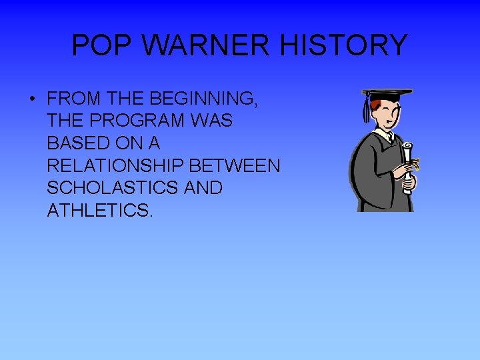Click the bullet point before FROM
tap(32, 99)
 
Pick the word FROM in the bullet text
tap(74, 99)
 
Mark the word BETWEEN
tap(239, 165)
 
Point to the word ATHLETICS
tap(100, 211)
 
